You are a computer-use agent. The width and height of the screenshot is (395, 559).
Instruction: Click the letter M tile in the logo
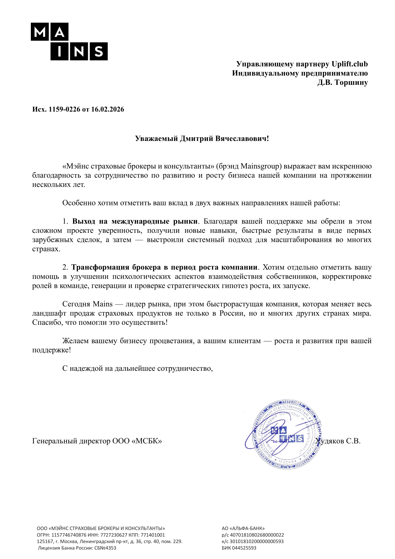(40, 32)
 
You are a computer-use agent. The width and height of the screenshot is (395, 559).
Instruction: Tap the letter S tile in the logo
(99, 51)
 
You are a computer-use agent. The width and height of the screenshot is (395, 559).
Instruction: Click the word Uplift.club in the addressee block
(349, 64)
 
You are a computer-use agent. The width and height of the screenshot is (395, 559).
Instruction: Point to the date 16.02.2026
(108, 109)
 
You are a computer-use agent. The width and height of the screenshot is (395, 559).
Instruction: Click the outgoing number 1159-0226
(64, 109)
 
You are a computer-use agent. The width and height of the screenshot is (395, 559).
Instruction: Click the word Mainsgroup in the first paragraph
(261, 166)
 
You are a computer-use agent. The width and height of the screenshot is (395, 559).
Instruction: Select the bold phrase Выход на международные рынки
(135, 222)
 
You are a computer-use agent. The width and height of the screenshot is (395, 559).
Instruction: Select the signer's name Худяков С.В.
(338, 441)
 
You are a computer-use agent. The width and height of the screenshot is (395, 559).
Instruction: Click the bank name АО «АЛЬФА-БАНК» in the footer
(243, 528)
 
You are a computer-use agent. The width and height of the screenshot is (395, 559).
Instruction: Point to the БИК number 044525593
(244, 548)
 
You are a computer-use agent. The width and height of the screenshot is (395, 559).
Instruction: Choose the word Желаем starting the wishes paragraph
(75, 341)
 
